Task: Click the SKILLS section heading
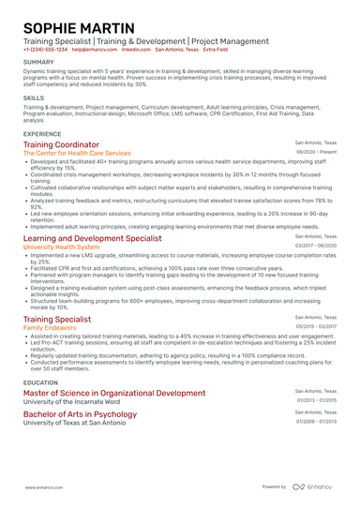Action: click(x=34, y=97)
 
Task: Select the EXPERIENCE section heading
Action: click(x=43, y=134)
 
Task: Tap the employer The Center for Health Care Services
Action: click(x=77, y=152)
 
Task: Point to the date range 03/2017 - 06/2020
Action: click(x=316, y=247)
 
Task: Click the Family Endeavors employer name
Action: click(x=52, y=327)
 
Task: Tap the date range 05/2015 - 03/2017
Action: click(x=316, y=327)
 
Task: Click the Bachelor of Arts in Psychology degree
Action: click(x=80, y=413)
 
